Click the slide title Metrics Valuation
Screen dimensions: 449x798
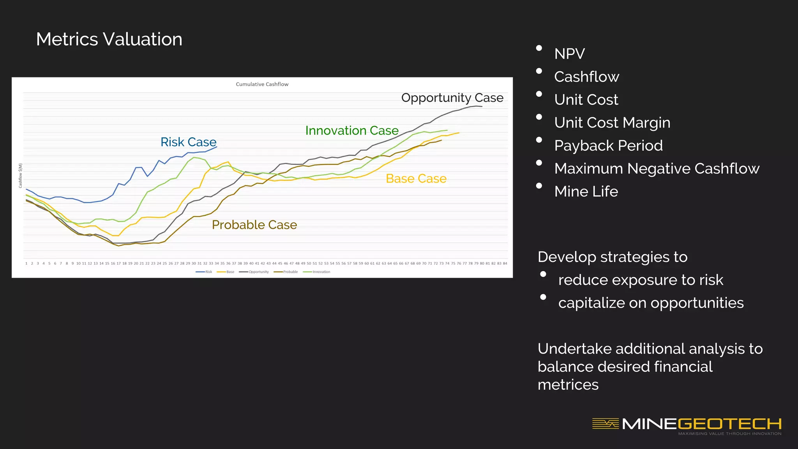(109, 39)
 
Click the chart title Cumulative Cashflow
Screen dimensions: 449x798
(262, 84)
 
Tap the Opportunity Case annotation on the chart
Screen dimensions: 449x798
(452, 97)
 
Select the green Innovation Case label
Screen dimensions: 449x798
(351, 131)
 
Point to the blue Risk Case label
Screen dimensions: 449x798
(188, 142)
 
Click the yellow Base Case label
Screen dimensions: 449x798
(416, 179)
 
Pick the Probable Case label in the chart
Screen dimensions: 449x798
(254, 225)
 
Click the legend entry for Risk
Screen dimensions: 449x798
(205, 272)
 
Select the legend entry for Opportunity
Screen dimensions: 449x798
(256, 272)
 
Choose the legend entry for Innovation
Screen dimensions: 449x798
(319, 272)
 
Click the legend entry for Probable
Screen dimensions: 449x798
(288, 272)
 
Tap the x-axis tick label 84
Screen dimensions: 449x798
(505, 263)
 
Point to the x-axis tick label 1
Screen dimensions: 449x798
(26, 263)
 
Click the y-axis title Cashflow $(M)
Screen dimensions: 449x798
(21, 175)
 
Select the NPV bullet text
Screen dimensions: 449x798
(569, 54)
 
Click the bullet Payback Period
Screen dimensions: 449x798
(608, 146)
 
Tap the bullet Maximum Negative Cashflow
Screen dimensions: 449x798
(657, 169)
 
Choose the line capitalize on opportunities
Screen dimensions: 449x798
(651, 303)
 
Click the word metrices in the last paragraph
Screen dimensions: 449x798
(568, 385)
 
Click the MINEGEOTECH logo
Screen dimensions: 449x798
(687, 424)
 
